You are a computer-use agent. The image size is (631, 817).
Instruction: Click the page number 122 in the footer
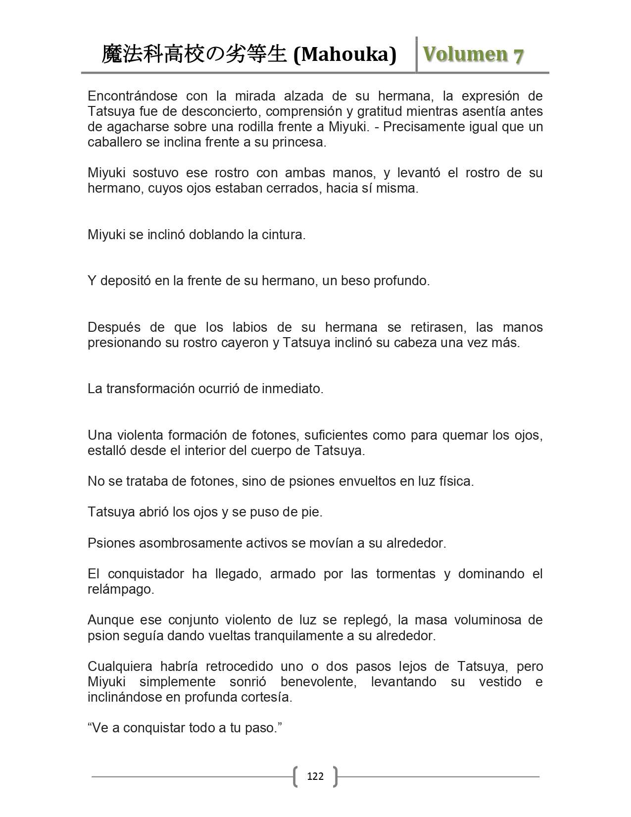click(x=315, y=776)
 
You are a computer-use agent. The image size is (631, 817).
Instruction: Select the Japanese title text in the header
click(x=194, y=54)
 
